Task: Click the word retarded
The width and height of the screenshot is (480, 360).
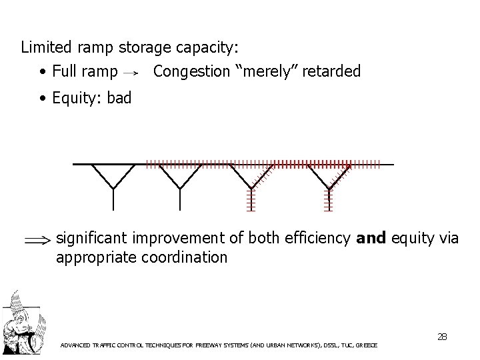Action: [x=331, y=71]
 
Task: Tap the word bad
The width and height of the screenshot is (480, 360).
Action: [x=119, y=98]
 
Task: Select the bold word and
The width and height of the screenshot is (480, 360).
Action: [x=371, y=238]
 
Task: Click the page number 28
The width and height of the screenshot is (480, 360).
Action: [x=441, y=337]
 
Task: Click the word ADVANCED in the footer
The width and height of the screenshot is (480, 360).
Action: [x=77, y=345]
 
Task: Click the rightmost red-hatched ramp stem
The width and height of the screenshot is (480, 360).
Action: [x=329, y=199]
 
